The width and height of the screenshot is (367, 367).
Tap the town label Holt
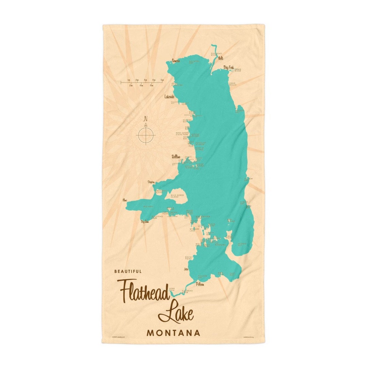221,58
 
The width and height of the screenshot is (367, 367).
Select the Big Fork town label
229,67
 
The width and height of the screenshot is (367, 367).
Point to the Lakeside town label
169,97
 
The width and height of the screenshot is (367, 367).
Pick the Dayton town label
151,182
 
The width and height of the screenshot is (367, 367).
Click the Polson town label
200,284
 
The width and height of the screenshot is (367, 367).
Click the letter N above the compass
146,119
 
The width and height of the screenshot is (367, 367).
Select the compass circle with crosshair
146,135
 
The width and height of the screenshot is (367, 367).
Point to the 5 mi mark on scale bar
162,80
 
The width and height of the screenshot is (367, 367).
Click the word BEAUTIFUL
128,271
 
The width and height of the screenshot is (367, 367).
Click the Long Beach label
233,84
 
